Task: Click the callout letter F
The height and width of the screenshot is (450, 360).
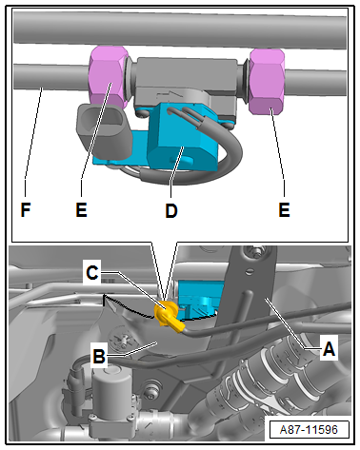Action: pyautogui.click(x=26, y=209)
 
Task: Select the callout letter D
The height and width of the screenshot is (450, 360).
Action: pyautogui.click(x=171, y=210)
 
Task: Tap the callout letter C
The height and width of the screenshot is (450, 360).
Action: pyautogui.click(x=92, y=272)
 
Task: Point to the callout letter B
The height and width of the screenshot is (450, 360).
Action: pyautogui.click(x=99, y=356)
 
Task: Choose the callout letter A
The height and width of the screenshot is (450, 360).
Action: pyautogui.click(x=329, y=349)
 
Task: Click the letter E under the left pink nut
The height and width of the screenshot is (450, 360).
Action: pyautogui.click(x=81, y=209)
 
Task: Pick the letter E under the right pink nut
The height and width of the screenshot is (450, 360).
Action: pyautogui.click(x=284, y=209)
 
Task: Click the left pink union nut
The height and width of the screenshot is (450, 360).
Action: pyautogui.click(x=106, y=76)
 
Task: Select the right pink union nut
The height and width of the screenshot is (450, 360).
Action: pyautogui.click(x=267, y=82)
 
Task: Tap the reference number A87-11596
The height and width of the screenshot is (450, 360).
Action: pyautogui.click(x=309, y=430)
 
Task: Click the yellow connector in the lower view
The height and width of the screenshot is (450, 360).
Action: pyautogui.click(x=169, y=316)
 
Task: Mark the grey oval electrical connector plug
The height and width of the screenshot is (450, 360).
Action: pyautogui.click(x=104, y=130)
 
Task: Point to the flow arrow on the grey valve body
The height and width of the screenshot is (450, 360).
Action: pyautogui.click(x=170, y=94)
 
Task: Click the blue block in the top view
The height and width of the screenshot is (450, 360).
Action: pyautogui.click(x=178, y=140)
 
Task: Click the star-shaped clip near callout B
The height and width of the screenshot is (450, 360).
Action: pyautogui.click(x=121, y=339)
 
